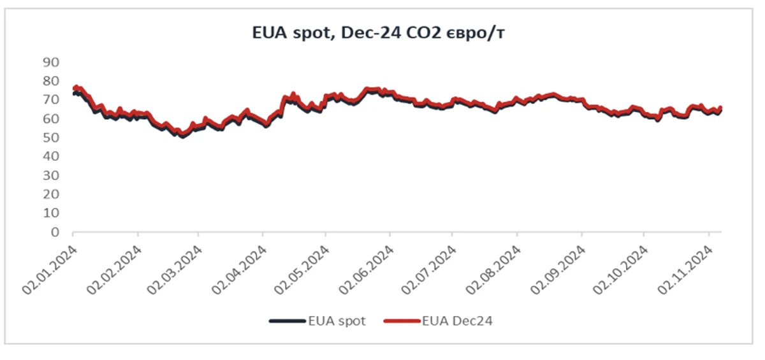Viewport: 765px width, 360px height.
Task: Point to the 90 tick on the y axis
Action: [51, 62]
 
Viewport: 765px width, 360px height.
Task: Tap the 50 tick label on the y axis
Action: [51, 138]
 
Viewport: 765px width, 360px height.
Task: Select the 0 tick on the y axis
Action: [55, 233]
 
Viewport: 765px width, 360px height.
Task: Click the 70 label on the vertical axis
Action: [51, 100]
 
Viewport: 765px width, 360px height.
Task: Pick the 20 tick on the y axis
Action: [51, 194]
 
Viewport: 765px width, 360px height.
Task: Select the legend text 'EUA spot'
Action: [337, 321]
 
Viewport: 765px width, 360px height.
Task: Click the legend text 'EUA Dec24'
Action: [457, 321]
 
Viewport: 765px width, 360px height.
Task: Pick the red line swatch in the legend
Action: [402, 321]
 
